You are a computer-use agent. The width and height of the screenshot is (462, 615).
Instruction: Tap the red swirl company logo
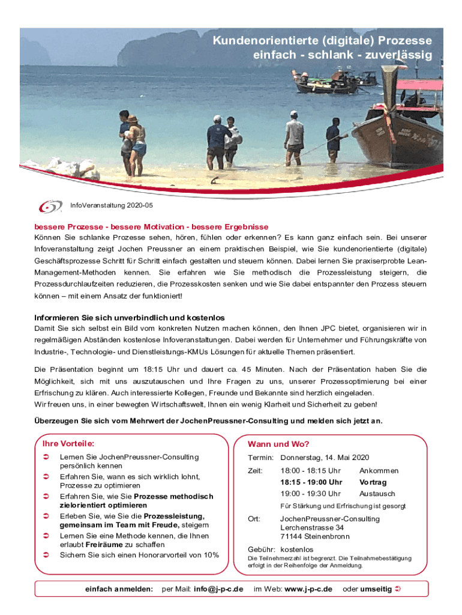coord(50,207)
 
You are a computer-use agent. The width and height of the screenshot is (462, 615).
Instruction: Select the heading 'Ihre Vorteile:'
coord(68,443)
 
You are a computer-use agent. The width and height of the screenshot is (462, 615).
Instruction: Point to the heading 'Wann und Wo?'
coord(278,444)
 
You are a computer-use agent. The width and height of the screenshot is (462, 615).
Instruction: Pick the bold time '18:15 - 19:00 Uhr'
coord(311,482)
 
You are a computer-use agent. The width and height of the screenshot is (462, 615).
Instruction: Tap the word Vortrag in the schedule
coord(373,482)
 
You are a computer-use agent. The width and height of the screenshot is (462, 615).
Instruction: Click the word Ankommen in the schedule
coord(379,471)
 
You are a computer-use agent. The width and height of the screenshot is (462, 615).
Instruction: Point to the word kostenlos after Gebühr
coord(296,550)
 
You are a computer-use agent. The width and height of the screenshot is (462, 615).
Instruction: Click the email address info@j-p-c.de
coord(218,589)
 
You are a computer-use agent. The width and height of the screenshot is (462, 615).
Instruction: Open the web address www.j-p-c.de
coord(308,589)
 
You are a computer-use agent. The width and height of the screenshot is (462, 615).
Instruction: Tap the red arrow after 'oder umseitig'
coord(398,589)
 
